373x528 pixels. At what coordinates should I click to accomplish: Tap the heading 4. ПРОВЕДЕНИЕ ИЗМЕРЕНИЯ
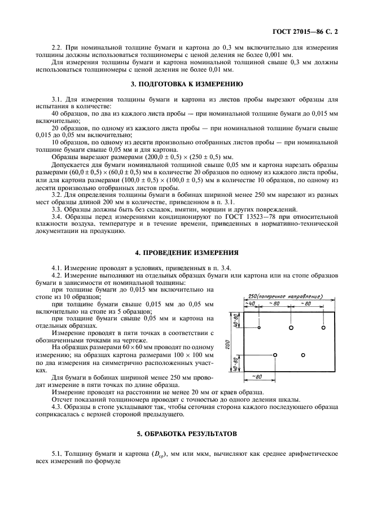click(x=186, y=252)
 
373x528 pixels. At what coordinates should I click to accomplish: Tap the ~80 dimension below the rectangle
click(x=257, y=377)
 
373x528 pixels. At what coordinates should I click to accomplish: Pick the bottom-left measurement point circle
click(x=275, y=355)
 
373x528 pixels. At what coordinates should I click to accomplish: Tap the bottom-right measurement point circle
click(x=303, y=355)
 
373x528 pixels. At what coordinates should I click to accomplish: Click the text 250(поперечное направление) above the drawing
click(x=285, y=296)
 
